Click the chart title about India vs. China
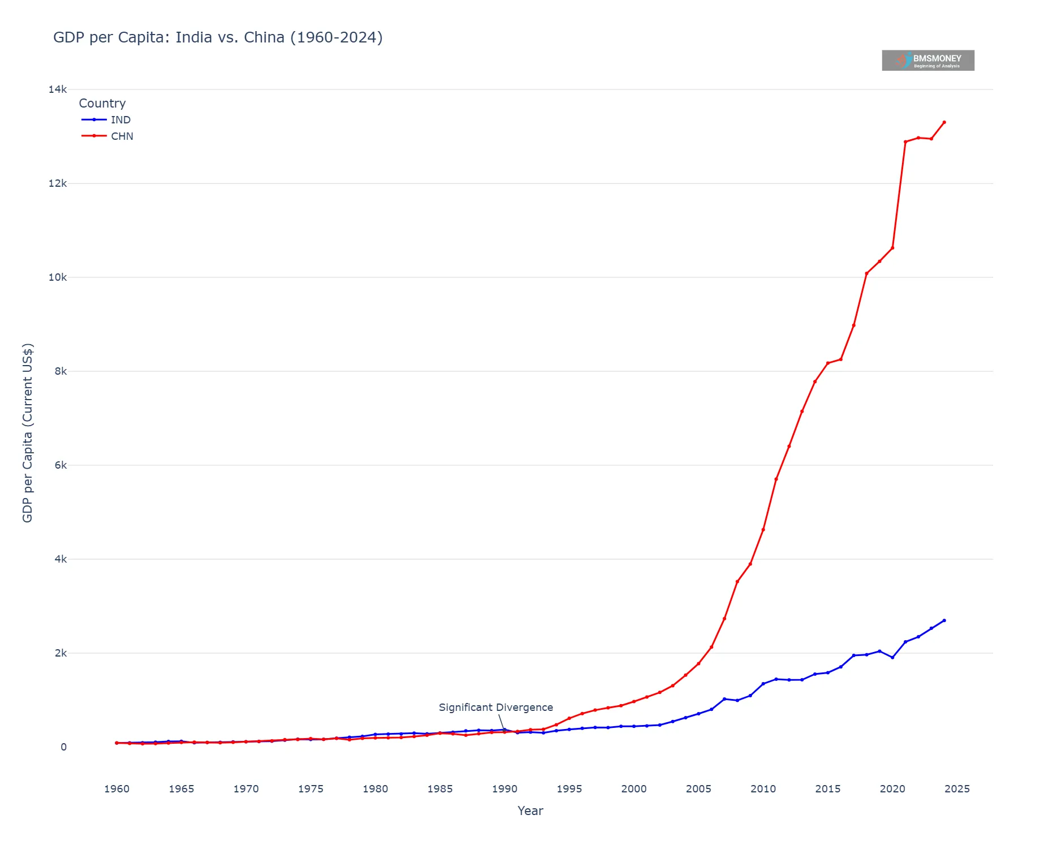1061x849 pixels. (218, 37)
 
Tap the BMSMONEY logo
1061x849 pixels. (927, 60)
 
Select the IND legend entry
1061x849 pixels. (120, 120)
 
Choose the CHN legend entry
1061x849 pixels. (122, 136)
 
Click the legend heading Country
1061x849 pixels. (102, 104)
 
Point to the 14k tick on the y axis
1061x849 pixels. (58, 89)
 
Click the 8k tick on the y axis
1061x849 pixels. (60, 371)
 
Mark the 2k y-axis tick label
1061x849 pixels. (60, 653)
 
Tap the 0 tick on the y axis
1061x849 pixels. (63, 747)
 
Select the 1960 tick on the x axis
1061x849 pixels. (117, 789)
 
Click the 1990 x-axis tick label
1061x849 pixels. (504, 789)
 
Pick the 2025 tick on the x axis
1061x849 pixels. (957, 789)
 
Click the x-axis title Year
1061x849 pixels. (530, 811)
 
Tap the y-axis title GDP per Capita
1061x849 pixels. (28, 433)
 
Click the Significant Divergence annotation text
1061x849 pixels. (496, 707)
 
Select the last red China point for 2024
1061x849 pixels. (944, 122)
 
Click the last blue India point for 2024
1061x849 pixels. (944, 620)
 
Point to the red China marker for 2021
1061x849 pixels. (905, 142)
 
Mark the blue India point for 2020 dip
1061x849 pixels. (892, 658)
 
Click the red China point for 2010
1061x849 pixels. (763, 530)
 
